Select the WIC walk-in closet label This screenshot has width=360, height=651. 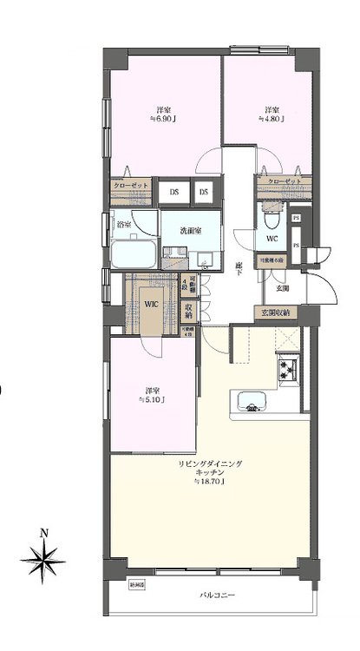click(150, 304)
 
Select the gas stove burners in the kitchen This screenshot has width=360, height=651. click(288, 372)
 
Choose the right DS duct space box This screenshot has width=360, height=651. click(204, 191)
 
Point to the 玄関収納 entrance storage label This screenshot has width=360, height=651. click(276, 312)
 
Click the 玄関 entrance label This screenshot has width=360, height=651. click(283, 287)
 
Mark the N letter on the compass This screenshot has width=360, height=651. click(43, 533)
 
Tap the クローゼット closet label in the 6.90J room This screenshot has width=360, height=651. click(130, 185)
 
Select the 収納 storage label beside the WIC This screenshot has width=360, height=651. click(189, 310)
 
